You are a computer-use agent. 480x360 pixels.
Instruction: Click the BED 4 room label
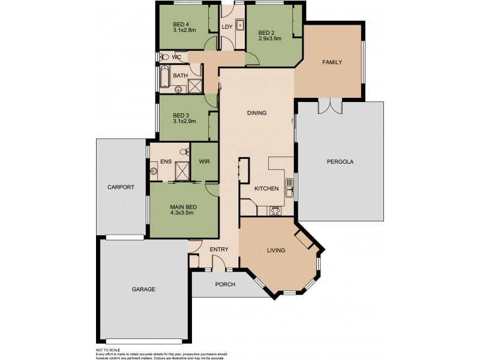pyautogui.click(x=181, y=24)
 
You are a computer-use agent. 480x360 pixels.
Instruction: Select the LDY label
pyautogui.click(x=227, y=28)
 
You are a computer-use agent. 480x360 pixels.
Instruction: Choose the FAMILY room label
pyautogui.click(x=332, y=62)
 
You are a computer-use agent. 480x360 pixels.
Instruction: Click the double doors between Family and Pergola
pyautogui.click(x=330, y=106)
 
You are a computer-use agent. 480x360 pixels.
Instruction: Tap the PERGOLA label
pyautogui.click(x=340, y=162)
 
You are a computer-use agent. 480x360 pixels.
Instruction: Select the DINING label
pyautogui.click(x=256, y=113)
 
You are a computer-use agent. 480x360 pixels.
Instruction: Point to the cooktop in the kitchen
pyautogui.click(x=277, y=211)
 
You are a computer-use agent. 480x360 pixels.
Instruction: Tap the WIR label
pyautogui.click(x=203, y=161)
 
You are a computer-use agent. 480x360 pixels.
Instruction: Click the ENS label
pyautogui.click(x=166, y=161)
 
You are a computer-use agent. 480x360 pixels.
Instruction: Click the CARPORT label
pyautogui.click(x=121, y=187)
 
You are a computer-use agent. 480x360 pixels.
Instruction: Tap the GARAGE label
pyautogui.click(x=143, y=289)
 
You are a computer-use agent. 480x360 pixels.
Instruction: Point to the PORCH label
pyautogui.click(x=224, y=284)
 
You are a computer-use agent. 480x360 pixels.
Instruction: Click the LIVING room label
pyautogui.click(x=276, y=250)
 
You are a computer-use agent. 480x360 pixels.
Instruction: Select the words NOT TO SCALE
pyautogui.click(x=108, y=349)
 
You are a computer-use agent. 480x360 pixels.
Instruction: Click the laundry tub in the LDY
pyautogui.click(x=239, y=26)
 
